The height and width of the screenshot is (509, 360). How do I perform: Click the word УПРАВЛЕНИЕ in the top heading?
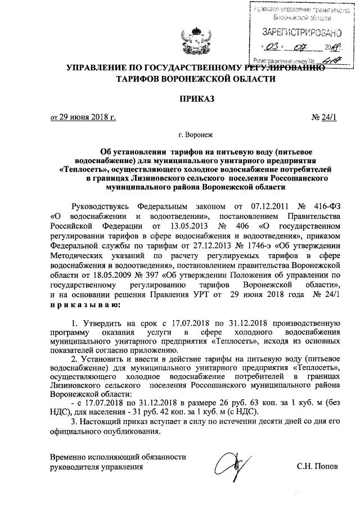pos(100,68)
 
